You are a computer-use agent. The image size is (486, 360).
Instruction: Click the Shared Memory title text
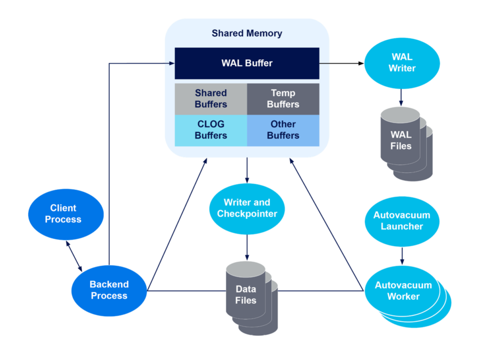pyautogui.click(x=247, y=34)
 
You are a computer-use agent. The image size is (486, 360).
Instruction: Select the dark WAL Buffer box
pyautogui.click(x=247, y=63)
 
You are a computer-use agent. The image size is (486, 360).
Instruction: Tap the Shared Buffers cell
pyautogui.click(x=211, y=98)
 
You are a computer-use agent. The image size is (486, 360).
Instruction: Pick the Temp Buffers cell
pyautogui.click(x=283, y=98)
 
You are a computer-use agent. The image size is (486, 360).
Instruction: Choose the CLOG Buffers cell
pyautogui.click(x=211, y=130)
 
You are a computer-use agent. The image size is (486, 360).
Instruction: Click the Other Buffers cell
pyautogui.click(x=283, y=130)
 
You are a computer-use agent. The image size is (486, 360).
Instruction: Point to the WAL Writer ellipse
pyautogui.click(x=402, y=63)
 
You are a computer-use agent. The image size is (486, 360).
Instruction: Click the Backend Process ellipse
pyautogui.click(x=109, y=290)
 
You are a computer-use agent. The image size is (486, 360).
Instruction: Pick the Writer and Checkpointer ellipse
pyautogui.click(x=247, y=208)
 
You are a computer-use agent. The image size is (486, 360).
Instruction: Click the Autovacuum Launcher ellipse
pyautogui.click(x=402, y=220)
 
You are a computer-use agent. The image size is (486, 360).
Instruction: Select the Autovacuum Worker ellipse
pyautogui.click(x=403, y=291)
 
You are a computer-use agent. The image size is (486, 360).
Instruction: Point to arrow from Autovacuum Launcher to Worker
pyautogui.click(x=402, y=255)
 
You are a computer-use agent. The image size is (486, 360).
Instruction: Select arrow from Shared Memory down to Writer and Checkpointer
pyautogui.click(x=247, y=171)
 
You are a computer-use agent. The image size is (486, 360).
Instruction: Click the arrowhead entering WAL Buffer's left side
pyautogui.click(x=171, y=63)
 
